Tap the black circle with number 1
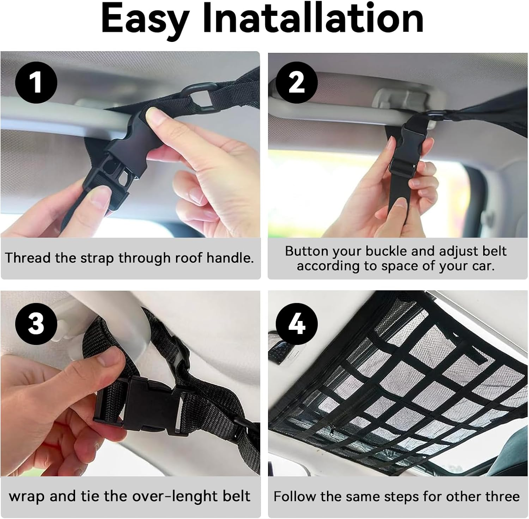[x=36, y=82]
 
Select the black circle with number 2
[x=296, y=82]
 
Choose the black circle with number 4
[x=296, y=323]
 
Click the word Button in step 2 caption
[x=306, y=251]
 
